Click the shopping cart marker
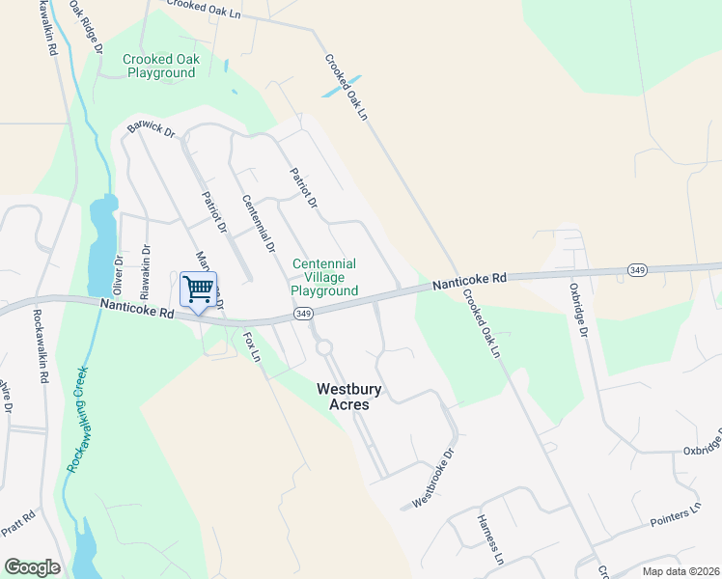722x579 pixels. point(198,289)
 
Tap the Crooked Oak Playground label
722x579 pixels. point(160,66)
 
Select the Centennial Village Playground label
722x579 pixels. point(324,277)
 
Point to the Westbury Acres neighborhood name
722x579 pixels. point(349,397)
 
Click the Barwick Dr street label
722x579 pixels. point(150,129)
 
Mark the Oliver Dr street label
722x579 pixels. point(119,273)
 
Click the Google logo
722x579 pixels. point(32,566)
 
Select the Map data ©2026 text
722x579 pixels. point(680,571)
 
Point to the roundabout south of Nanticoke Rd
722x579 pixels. point(323,346)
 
